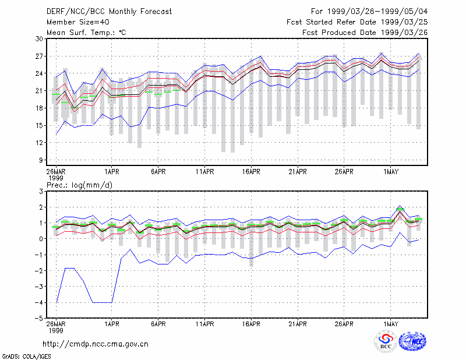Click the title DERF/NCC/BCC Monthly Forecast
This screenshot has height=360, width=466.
pyautogui.click(x=109, y=12)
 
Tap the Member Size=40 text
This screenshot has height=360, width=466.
pyautogui.click(x=78, y=22)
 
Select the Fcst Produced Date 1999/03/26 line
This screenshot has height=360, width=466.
pyautogui.click(x=365, y=33)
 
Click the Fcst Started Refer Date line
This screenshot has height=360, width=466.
pyautogui.click(x=357, y=22)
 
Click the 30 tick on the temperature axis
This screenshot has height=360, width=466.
pyautogui.click(x=40, y=39)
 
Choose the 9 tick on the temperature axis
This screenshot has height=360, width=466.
pyautogui.click(x=41, y=160)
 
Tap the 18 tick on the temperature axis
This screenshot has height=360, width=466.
pyautogui.click(x=40, y=108)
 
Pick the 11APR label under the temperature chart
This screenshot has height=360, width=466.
pyautogui.click(x=205, y=172)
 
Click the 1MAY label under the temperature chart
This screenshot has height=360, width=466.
pyautogui.click(x=390, y=172)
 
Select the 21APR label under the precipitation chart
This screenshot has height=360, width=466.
pyautogui.click(x=298, y=324)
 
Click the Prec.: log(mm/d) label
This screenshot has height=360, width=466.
pyautogui.click(x=79, y=185)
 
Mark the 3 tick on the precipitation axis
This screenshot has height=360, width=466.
pyautogui.click(x=41, y=192)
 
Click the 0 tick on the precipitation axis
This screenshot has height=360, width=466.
pyautogui.click(x=41, y=239)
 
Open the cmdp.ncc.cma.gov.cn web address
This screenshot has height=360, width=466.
pyautogui.click(x=96, y=344)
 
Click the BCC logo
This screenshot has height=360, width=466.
pyautogui.click(x=386, y=342)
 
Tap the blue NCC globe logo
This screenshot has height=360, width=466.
pyautogui.click(x=412, y=341)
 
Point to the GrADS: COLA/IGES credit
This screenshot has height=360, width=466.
pyautogui.click(x=26, y=357)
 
